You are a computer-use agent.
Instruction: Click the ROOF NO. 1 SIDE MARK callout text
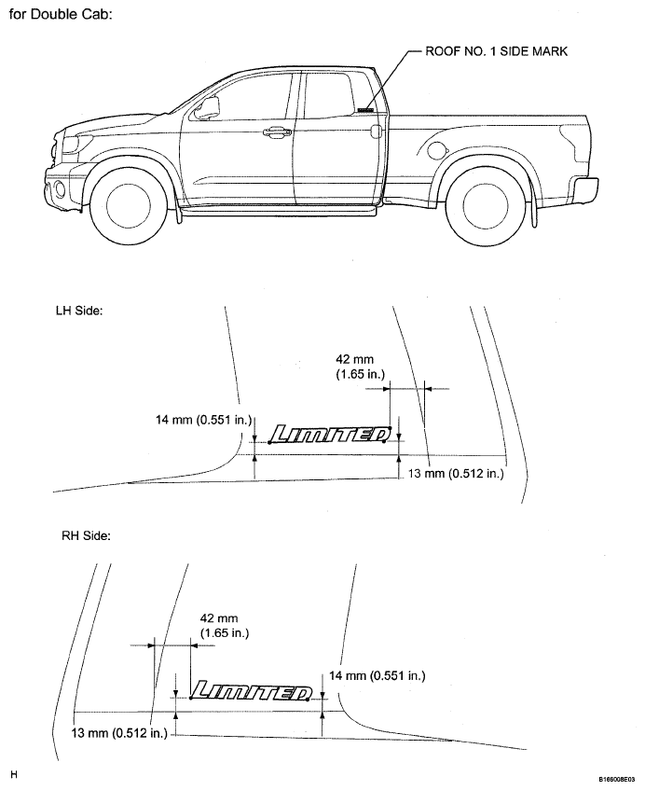[497, 51]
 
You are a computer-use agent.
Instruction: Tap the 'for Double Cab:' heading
[61, 14]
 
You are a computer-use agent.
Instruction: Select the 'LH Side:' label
[79, 311]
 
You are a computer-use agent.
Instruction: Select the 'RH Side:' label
[86, 535]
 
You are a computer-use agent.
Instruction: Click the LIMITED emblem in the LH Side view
[331, 435]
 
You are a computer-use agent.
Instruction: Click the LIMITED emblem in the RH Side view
[251, 690]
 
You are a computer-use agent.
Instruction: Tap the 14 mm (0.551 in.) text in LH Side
[203, 419]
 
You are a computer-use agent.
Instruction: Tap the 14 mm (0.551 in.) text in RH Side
[377, 675]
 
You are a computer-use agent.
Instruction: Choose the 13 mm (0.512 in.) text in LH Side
[456, 474]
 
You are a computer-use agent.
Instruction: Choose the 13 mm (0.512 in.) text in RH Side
[119, 733]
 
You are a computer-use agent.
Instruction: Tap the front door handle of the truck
[277, 132]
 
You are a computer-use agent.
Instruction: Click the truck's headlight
[70, 145]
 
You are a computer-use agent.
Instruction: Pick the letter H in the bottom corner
[14, 774]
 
